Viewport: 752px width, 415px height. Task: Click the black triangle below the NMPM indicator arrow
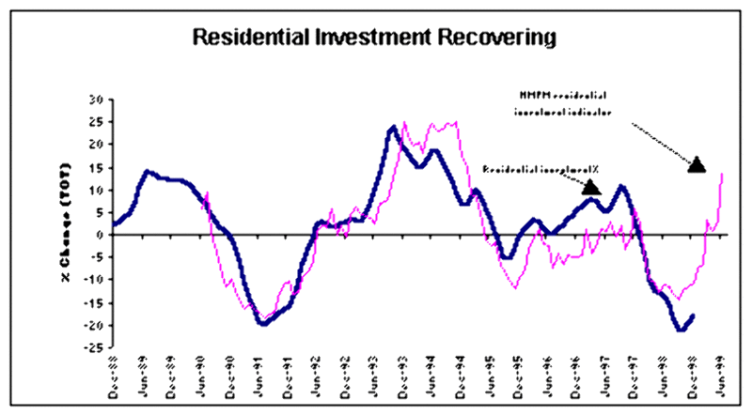(697, 164)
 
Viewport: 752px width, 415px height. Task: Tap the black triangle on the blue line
(591, 187)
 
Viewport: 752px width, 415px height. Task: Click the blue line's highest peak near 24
(391, 127)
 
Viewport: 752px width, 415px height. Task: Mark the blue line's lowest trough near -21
(680, 330)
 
